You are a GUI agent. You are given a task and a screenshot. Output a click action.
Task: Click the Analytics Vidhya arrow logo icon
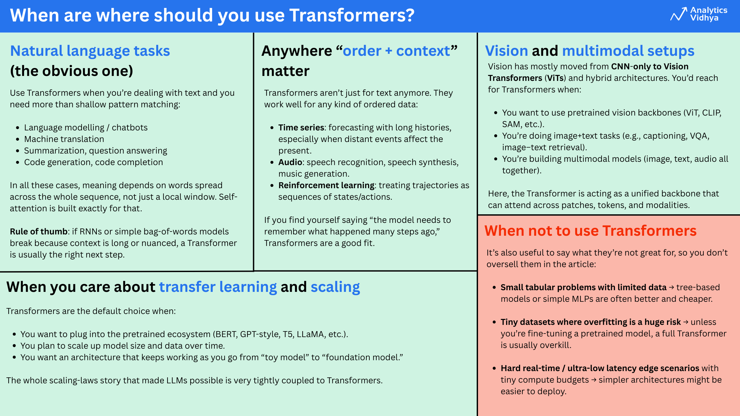(679, 14)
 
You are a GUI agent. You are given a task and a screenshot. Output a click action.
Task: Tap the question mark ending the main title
(410, 15)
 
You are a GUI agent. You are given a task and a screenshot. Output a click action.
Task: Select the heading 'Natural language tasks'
(90, 51)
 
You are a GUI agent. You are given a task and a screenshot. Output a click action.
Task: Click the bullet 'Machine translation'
(64, 139)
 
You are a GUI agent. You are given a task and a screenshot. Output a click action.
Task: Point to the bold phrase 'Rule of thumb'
(39, 231)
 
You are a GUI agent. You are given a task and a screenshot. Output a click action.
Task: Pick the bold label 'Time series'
(301, 127)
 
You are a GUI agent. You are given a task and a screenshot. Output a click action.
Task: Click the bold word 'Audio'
(290, 162)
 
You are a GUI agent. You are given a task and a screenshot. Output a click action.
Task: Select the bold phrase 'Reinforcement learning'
(326, 185)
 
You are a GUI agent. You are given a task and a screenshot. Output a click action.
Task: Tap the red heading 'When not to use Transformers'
(590, 230)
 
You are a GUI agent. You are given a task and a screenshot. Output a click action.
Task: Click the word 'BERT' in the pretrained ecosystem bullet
(226, 334)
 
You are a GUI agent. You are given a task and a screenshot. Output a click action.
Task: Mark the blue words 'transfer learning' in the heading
(218, 287)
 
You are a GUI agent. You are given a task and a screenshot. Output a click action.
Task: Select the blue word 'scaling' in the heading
(335, 287)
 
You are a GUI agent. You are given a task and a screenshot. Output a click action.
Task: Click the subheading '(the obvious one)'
(71, 71)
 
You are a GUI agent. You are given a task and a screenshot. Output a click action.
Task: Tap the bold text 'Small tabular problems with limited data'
(583, 287)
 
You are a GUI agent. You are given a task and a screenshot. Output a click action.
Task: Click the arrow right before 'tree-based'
(671, 288)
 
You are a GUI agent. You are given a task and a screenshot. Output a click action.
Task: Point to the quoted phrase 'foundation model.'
(362, 357)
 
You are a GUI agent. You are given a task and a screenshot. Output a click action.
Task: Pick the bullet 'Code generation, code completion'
(93, 162)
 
